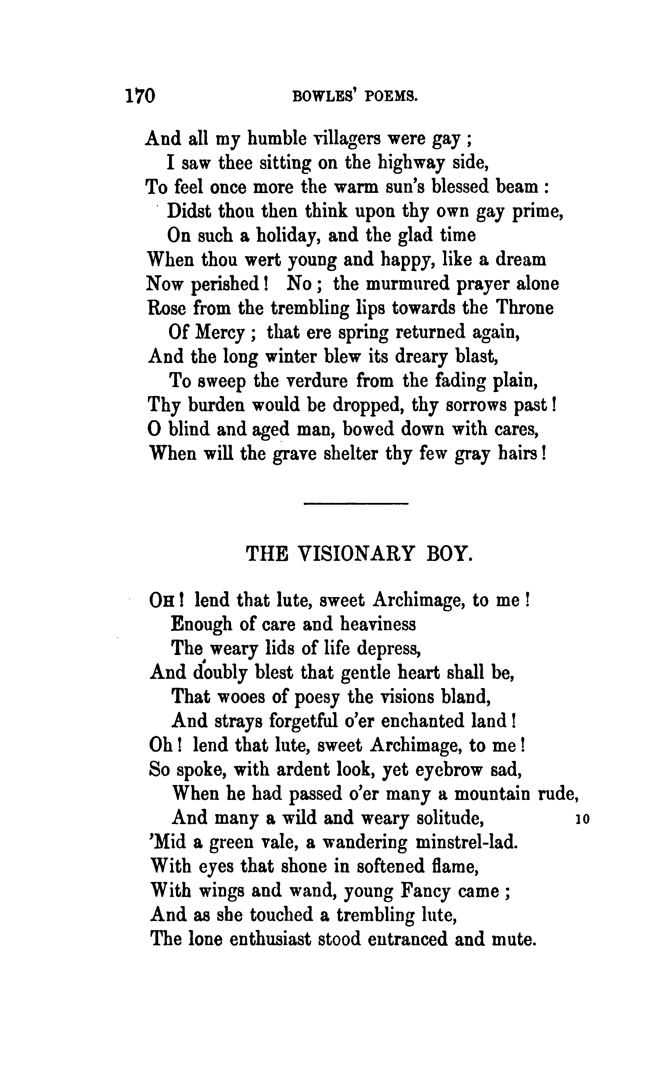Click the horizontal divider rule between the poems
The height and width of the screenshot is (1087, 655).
[357, 503]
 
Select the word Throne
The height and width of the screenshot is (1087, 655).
[525, 308]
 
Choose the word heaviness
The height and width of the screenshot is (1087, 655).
[378, 624]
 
